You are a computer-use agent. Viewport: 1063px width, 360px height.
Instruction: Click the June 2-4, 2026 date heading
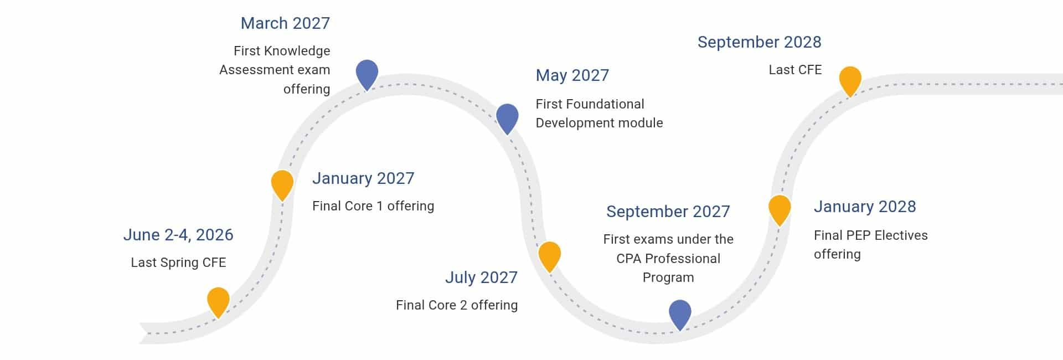[x=178, y=235]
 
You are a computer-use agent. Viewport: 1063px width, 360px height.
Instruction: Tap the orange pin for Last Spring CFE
[x=218, y=302]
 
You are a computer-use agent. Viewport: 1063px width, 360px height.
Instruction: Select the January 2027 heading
[x=363, y=178]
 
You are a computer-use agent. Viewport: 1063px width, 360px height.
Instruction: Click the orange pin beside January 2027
[x=282, y=184]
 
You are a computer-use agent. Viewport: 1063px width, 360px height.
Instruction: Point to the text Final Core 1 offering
[x=373, y=206]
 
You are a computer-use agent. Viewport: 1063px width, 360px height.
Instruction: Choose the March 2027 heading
[x=285, y=23]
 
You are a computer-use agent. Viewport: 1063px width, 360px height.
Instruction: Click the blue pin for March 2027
[x=367, y=74]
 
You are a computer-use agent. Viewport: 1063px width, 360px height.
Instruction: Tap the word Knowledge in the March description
[x=297, y=51]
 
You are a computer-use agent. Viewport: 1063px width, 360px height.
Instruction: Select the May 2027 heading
[x=572, y=75]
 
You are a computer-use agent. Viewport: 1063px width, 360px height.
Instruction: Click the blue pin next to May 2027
[x=507, y=119]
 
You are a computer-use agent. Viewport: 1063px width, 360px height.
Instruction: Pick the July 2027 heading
[x=482, y=277]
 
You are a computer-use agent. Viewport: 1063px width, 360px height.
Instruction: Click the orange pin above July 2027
[x=550, y=256]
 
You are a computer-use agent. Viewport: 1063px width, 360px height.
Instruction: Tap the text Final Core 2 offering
[x=457, y=305]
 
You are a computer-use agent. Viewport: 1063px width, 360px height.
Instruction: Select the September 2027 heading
[x=668, y=212]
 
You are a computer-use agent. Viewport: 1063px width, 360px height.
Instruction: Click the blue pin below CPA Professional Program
[x=680, y=314]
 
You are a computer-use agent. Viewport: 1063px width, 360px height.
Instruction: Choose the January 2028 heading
[x=865, y=207]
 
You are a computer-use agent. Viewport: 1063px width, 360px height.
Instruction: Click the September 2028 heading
[x=760, y=42]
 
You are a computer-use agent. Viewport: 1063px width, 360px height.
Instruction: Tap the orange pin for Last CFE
[x=850, y=81]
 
